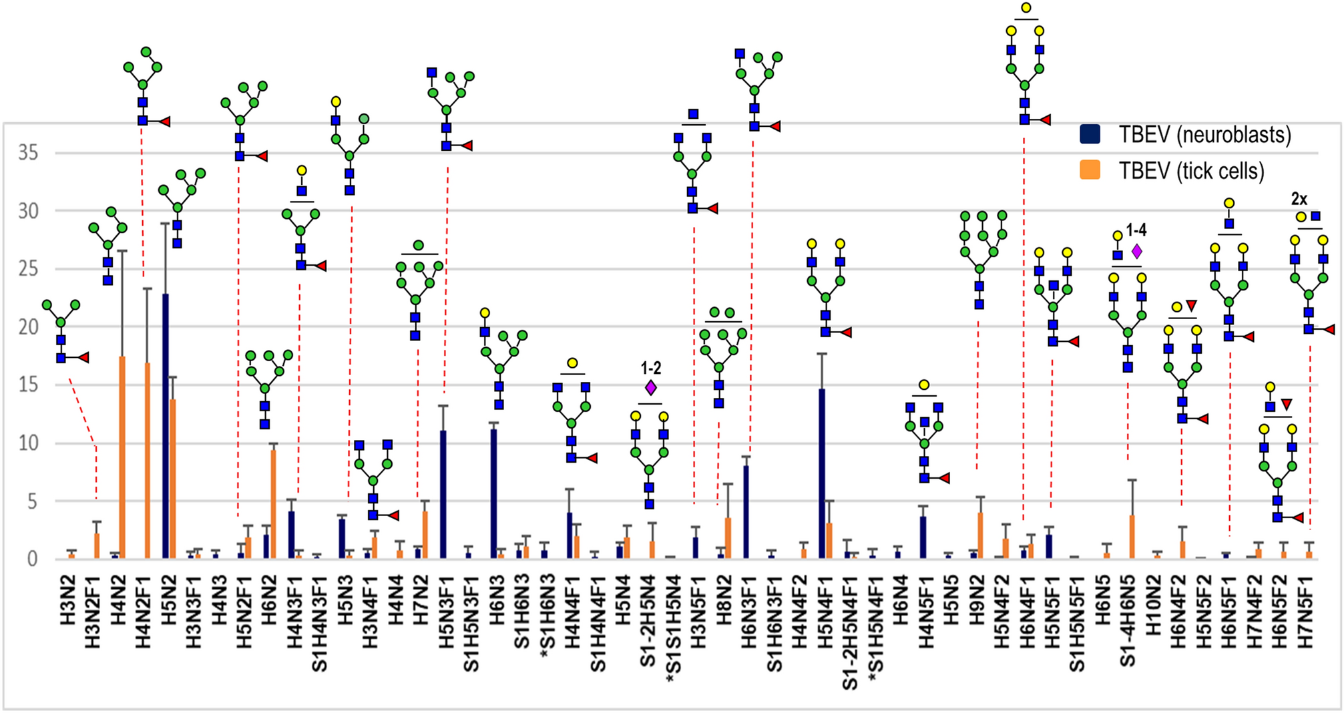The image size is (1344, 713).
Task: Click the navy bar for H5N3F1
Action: [443, 495]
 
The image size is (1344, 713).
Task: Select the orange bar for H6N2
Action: [273, 504]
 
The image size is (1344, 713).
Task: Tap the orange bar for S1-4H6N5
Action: [1132, 537]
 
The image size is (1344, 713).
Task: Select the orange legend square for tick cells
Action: [1090, 170]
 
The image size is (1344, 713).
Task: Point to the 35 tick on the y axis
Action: [28, 153]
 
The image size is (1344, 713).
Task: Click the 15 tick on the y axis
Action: [28, 385]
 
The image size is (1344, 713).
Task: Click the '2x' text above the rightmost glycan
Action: [1299, 198]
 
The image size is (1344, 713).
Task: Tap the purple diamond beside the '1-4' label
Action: [1137, 252]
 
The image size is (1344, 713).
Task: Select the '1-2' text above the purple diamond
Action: [650, 368]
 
